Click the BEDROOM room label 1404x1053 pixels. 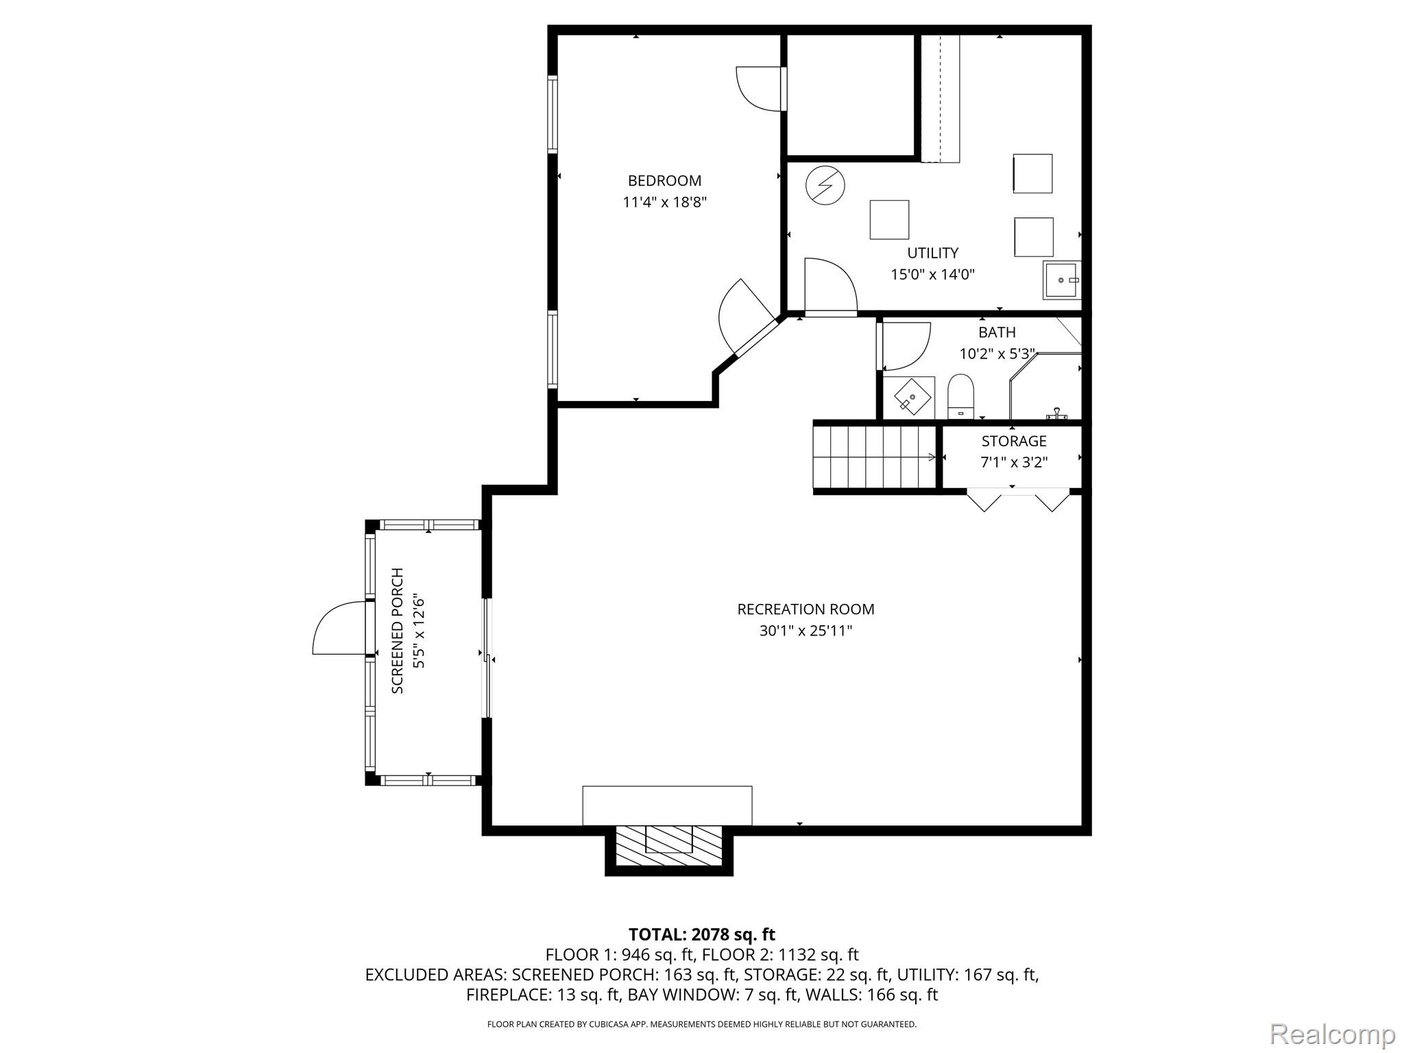tap(664, 181)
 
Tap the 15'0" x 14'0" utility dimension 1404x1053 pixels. tap(932, 275)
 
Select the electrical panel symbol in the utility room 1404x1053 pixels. tap(825, 185)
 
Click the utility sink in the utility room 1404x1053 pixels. tap(1061, 280)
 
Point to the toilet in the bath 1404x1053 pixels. tap(960, 396)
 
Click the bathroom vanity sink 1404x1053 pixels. tap(912, 398)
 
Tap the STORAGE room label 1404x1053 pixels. tap(1013, 441)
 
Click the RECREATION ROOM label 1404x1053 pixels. tap(806, 609)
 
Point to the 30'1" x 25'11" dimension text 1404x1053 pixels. tap(806, 631)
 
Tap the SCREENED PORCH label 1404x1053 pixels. tap(398, 631)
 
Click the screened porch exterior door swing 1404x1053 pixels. tap(338, 628)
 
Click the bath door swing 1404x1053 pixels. tap(904, 346)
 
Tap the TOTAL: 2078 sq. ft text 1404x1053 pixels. tap(701, 934)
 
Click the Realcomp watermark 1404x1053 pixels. tap(1332, 1034)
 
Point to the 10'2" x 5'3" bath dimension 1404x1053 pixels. tap(997, 354)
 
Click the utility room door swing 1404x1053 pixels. tap(830, 287)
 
